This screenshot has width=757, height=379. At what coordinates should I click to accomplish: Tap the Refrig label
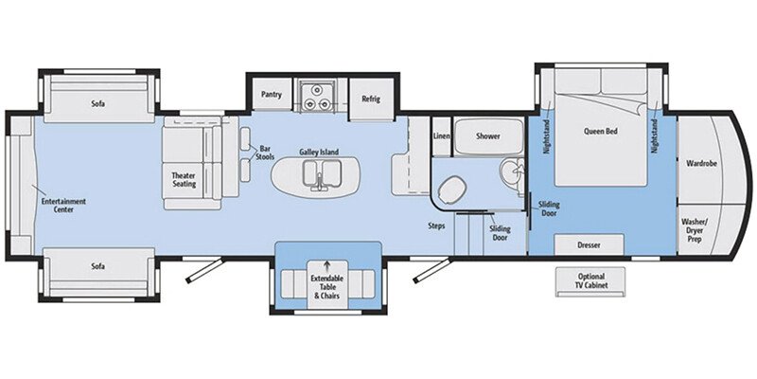coord(370,97)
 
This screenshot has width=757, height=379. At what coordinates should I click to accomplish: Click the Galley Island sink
coord(316,174)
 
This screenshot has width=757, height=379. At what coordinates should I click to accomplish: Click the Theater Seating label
coord(183,181)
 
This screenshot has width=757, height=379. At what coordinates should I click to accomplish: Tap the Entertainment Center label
coord(63,205)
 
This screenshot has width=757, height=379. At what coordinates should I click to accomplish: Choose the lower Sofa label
coord(97,266)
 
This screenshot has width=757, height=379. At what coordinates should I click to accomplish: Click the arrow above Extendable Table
coord(328,265)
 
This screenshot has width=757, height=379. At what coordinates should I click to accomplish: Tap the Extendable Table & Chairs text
coord(328,288)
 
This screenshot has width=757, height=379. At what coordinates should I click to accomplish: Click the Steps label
coord(436,226)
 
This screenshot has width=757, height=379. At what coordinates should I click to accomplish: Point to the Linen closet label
coord(441,136)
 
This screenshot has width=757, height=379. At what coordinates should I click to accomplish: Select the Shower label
coord(487,136)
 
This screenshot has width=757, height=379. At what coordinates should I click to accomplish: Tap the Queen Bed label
coord(601,132)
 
